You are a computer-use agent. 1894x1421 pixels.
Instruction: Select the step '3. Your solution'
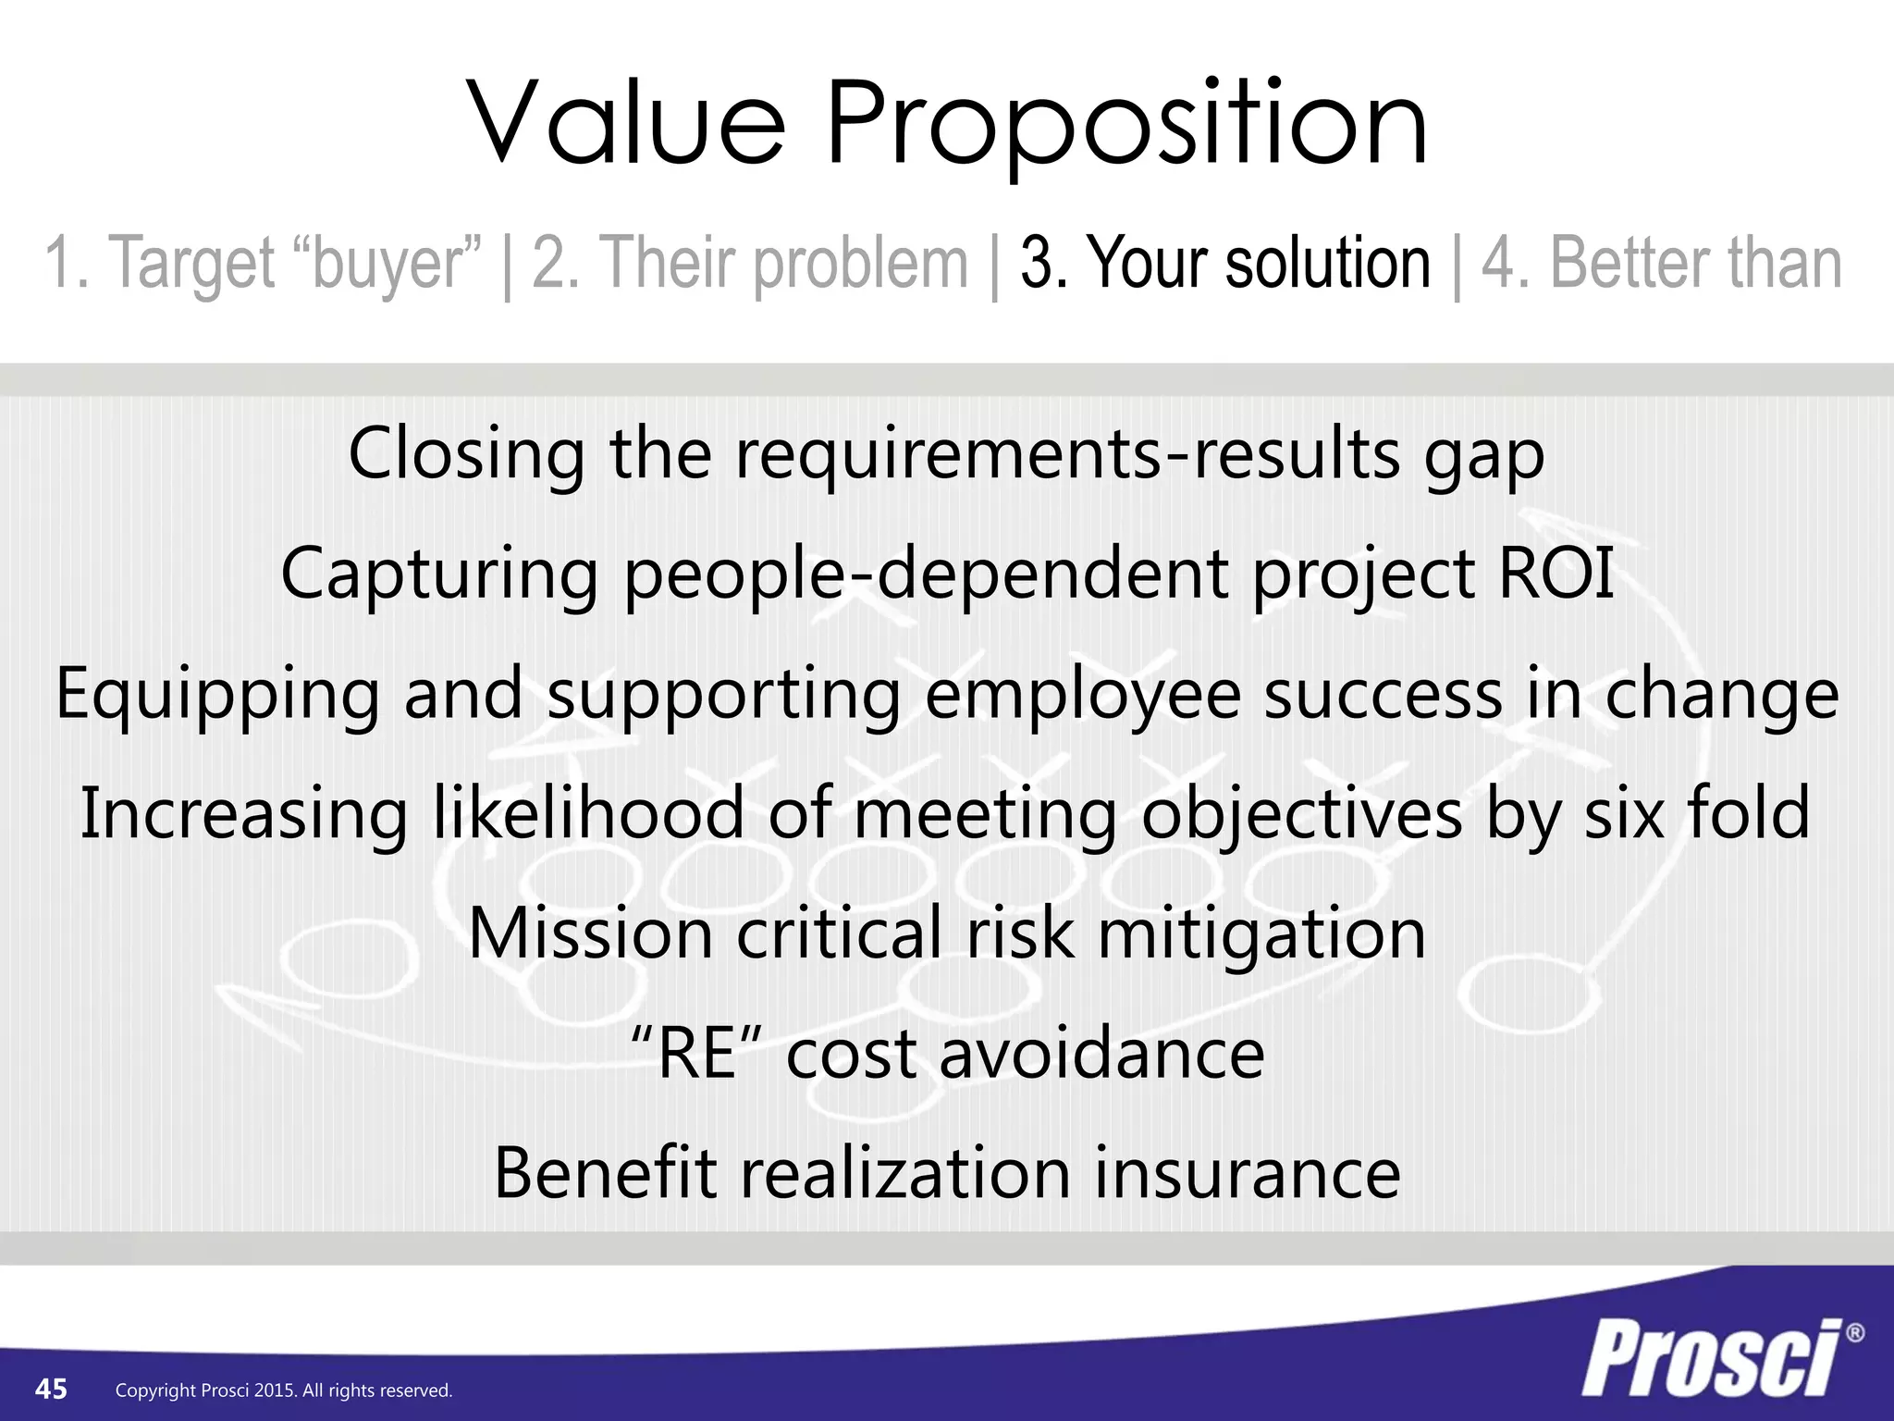1225,265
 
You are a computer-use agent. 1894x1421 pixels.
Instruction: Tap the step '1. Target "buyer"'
264,265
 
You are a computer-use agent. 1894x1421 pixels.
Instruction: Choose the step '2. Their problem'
750,265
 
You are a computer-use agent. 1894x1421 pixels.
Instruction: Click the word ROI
1556,574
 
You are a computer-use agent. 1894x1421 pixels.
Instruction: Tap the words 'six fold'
1696,813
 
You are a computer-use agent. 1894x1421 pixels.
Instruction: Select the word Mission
590,933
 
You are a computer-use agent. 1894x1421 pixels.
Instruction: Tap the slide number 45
51,1389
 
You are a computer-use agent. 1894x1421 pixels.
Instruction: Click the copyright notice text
284,1390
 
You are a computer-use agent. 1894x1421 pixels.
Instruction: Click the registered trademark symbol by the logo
1854,1333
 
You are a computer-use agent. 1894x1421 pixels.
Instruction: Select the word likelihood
588,813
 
